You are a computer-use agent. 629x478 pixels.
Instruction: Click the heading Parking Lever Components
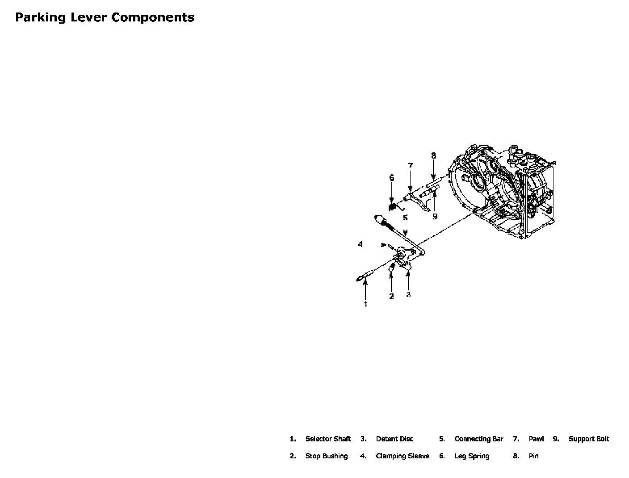pyautogui.click(x=105, y=17)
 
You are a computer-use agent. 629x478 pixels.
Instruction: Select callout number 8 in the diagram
pyautogui.click(x=433, y=156)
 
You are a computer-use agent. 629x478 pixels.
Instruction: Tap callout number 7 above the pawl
pyautogui.click(x=411, y=166)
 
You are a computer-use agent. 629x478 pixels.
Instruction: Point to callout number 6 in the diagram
pyautogui.click(x=392, y=178)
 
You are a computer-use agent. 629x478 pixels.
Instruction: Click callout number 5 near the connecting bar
pyautogui.click(x=405, y=218)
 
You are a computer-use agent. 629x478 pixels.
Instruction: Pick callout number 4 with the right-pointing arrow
pyautogui.click(x=361, y=244)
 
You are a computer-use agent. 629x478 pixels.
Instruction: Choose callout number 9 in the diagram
pyautogui.click(x=435, y=217)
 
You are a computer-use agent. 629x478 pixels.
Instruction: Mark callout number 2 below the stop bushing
pyautogui.click(x=391, y=296)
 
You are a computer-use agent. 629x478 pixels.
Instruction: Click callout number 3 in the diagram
pyautogui.click(x=408, y=294)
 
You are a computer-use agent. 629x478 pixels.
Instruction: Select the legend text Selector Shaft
pyautogui.click(x=328, y=439)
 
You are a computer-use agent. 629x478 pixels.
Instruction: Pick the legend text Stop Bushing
pyautogui.click(x=326, y=456)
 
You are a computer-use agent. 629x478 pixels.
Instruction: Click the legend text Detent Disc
pyautogui.click(x=394, y=439)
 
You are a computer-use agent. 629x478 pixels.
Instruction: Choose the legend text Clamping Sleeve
pyautogui.click(x=403, y=456)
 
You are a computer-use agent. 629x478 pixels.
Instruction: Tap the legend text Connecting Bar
pyautogui.click(x=478, y=439)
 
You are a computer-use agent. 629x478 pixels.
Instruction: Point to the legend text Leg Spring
pyautogui.click(x=472, y=456)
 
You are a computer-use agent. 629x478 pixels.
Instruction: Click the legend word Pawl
pyautogui.click(x=536, y=439)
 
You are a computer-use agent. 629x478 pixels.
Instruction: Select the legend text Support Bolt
pyautogui.click(x=588, y=439)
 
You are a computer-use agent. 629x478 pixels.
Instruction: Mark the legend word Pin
pyautogui.click(x=533, y=456)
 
